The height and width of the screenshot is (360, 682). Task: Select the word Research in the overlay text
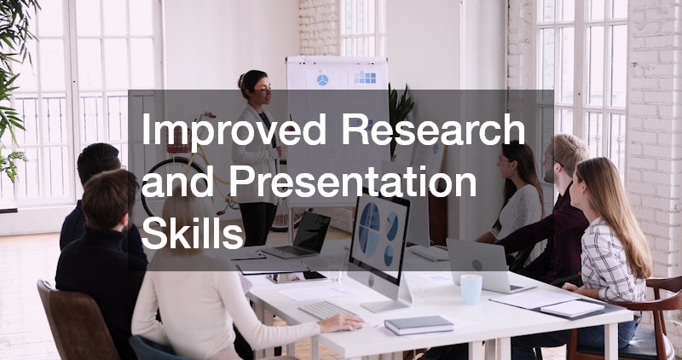tap(433, 129)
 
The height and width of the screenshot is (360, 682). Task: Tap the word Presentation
tap(353, 181)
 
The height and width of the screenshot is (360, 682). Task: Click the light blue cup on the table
tap(471, 289)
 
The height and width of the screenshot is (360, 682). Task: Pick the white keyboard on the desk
tap(327, 310)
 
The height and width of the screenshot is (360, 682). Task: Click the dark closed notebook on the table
tap(419, 325)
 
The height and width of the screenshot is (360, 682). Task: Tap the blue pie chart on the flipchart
tap(322, 80)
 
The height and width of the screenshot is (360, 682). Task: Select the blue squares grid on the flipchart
tap(365, 78)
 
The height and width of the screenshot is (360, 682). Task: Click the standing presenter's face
tap(263, 89)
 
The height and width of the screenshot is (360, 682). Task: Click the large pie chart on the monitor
tap(370, 229)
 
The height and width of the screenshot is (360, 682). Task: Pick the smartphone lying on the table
tap(297, 277)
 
